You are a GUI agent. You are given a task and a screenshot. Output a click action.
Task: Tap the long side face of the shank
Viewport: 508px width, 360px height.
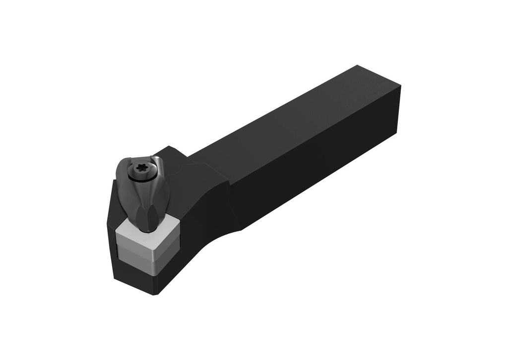[317, 164]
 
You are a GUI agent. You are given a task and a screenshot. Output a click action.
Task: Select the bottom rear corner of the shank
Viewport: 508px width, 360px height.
[397, 133]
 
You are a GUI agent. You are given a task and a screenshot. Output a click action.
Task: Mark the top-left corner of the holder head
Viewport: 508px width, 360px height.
[115, 181]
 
